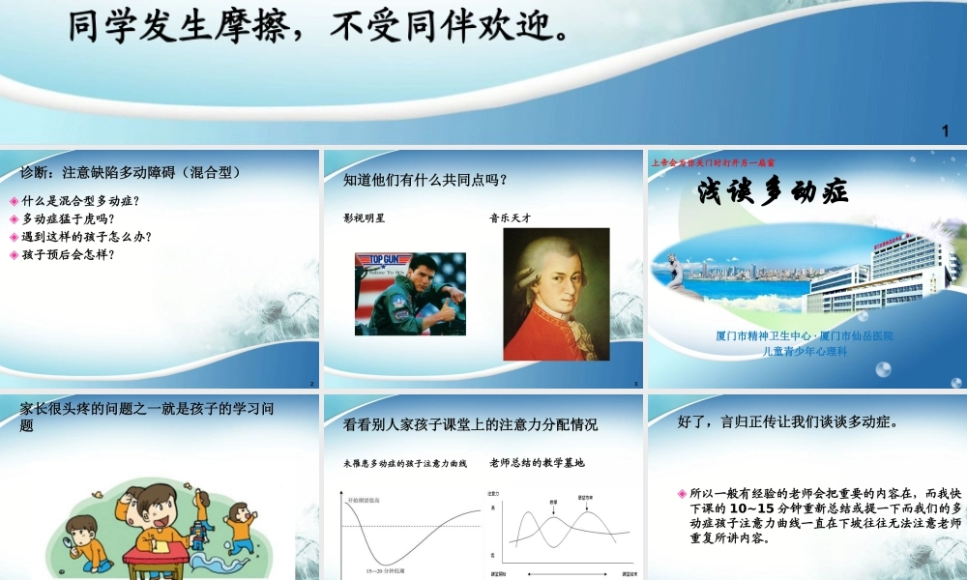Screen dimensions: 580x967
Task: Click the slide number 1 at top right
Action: [x=945, y=130]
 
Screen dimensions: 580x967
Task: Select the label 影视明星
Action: [x=364, y=217]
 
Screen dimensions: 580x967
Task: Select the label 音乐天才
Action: [x=511, y=217]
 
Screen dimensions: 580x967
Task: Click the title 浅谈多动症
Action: [x=774, y=191]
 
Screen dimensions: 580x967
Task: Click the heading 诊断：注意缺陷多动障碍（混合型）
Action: [x=130, y=173]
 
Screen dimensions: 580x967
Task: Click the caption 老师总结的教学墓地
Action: [x=537, y=463]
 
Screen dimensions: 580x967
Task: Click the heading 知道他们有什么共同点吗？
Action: [x=425, y=180]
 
